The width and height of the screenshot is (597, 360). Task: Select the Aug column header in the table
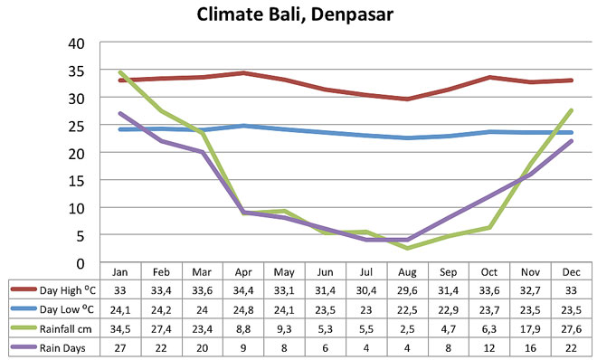click(408, 271)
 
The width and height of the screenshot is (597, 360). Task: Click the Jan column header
click(120, 271)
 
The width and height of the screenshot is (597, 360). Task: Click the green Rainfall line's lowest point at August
click(408, 248)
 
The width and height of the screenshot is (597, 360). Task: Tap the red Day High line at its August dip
click(408, 99)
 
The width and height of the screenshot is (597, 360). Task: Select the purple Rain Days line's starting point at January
click(120, 114)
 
